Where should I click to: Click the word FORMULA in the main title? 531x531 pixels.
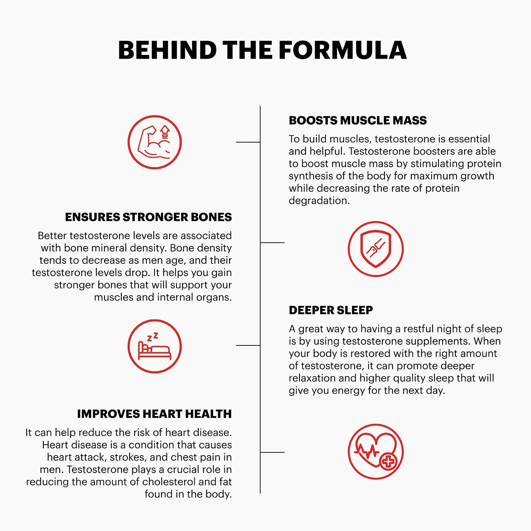[x=343, y=50]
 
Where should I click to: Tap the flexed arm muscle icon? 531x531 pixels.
[x=155, y=142]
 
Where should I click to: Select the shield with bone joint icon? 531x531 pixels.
[x=376, y=249]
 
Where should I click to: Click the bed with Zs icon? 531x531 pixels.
[x=155, y=346]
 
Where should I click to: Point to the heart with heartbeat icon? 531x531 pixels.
[x=376, y=451]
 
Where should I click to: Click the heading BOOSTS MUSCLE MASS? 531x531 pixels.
[x=358, y=120]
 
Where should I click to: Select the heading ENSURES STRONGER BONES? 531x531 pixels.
[x=148, y=217]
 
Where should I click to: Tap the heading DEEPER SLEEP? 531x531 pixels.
[x=331, y=310]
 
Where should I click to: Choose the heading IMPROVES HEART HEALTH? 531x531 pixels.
[x=154, y=414]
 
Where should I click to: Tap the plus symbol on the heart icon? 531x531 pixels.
[x=388, y=462]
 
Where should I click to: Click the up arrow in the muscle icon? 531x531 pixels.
[x=165, y=132]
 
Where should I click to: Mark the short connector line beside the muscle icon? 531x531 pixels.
[x=248, y=142]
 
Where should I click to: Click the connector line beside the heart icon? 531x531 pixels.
[x=272, y=452]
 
